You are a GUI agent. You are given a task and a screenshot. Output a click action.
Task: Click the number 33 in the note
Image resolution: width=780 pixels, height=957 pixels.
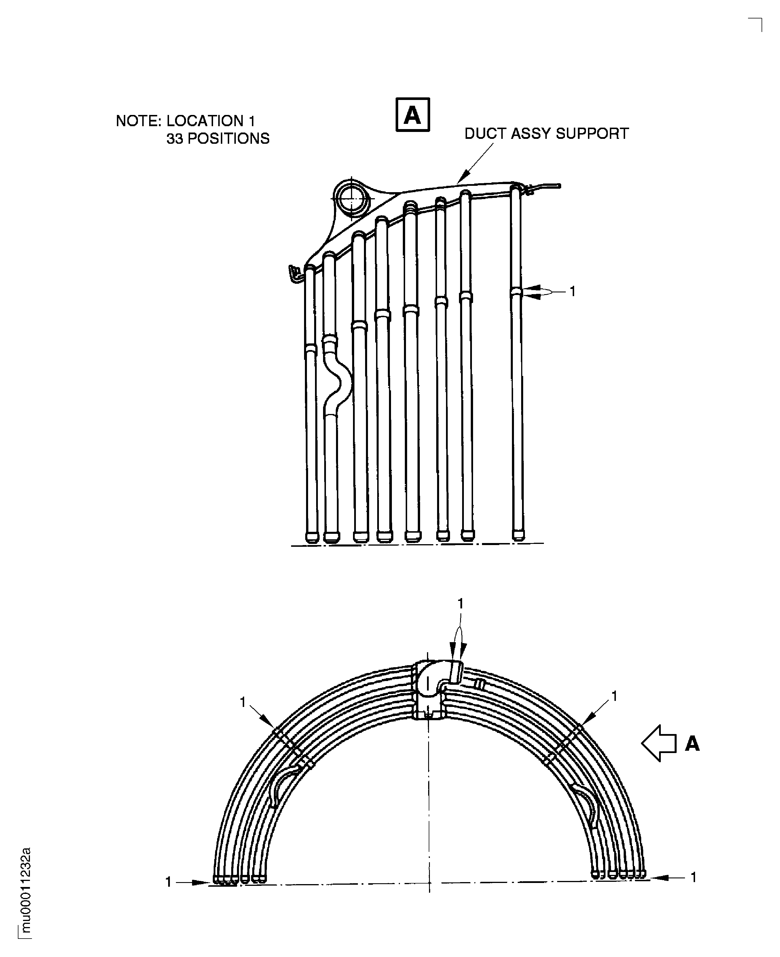point(175,139)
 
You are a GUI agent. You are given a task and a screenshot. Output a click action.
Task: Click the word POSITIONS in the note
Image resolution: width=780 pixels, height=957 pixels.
point(228,139)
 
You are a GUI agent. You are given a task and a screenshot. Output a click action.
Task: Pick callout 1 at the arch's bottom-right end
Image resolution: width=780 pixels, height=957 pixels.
point(693,877)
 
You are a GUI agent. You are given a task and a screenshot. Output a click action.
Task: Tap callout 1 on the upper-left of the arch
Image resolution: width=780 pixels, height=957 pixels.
point(243,702)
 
